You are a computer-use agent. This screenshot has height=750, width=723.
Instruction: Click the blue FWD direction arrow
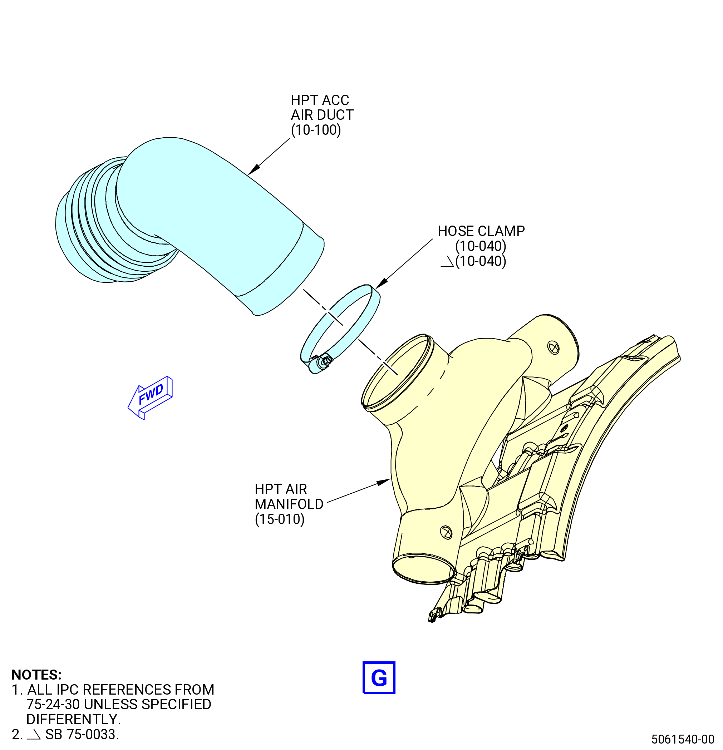(x=150, y=398)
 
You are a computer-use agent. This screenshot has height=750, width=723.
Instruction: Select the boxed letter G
(x=379, y=678)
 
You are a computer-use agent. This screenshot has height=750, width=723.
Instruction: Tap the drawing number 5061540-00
(x=683, y=739)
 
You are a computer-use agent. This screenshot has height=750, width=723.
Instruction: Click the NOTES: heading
(x=36, y=675)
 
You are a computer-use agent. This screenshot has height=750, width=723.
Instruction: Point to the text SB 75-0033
(x=82, y=734)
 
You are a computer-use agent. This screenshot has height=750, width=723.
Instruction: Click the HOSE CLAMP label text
(x=481, y=231)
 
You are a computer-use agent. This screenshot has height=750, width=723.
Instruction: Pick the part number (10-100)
(x=316, y=130)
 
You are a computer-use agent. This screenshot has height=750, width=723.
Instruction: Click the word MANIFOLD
(x=289, y=504)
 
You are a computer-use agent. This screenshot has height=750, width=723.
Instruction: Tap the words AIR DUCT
(x=322, y=115)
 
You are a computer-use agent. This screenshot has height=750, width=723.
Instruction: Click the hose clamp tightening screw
(x=325, y=361)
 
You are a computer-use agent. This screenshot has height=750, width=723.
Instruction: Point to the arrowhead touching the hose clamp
(x=381, y=283)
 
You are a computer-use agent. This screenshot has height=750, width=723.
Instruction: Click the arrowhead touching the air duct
(x=254, y=169)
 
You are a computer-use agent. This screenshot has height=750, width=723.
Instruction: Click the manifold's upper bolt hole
(x=554, y=348)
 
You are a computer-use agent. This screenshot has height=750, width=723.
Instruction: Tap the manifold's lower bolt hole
(x=446, y=532)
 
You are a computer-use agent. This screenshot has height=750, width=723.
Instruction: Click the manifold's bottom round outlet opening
(x=424, y=569)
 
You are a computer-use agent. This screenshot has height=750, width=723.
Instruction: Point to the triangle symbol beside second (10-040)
(x=447, y=262)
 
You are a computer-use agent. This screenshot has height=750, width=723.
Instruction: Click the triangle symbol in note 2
(x=34, y=735)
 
